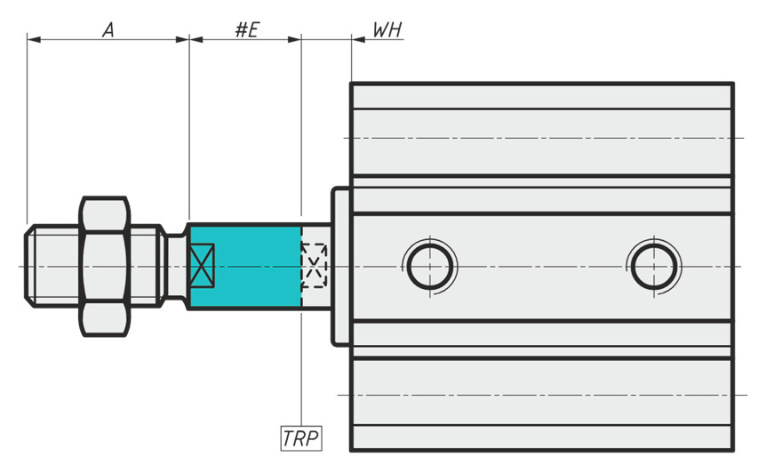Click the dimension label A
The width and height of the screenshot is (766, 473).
pyautogui.click(x=108, y=30)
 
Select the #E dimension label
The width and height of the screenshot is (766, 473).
pyautogui.click(x=247, y=30)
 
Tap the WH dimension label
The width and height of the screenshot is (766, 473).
pyautogui.click(x=387, y=30)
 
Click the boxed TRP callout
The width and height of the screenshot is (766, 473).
pyautogui.click(x=301, y=438)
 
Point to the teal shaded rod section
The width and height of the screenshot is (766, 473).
pyautogui.click(x=245, y=267)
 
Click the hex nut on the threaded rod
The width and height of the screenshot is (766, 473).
pyautogui.click(x=105, y=267)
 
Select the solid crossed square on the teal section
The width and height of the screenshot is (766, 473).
pyautogui.click(x=202, y=265)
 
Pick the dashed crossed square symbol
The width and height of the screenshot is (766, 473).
pyautogui.click(x=314, y=265)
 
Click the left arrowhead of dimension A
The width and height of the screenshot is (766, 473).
pyautogui.click(x=34, y=39)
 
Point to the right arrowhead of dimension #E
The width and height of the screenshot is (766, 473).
pyautogui.click(x=294, y=39)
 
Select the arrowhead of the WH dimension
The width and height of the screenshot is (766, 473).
pyautogui.click(x=359, y=39)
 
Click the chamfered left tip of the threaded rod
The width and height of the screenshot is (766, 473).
pyautogui.click(x=29, y=267)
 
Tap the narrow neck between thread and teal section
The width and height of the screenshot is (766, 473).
pyautogui.click(x=175, y=267)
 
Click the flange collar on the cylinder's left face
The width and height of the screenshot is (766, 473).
pyautogui.click(x=341, y=267)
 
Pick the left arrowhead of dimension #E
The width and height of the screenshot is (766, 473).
pyautogui.click(x=196, y=39)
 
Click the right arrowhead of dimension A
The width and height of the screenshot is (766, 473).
pyautogui.click(x=182, y=39)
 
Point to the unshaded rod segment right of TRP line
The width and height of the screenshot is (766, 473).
pyautogui.click(x=316, y=267)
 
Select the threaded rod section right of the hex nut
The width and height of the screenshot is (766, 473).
pyautogui.click(x=147, y=267)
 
